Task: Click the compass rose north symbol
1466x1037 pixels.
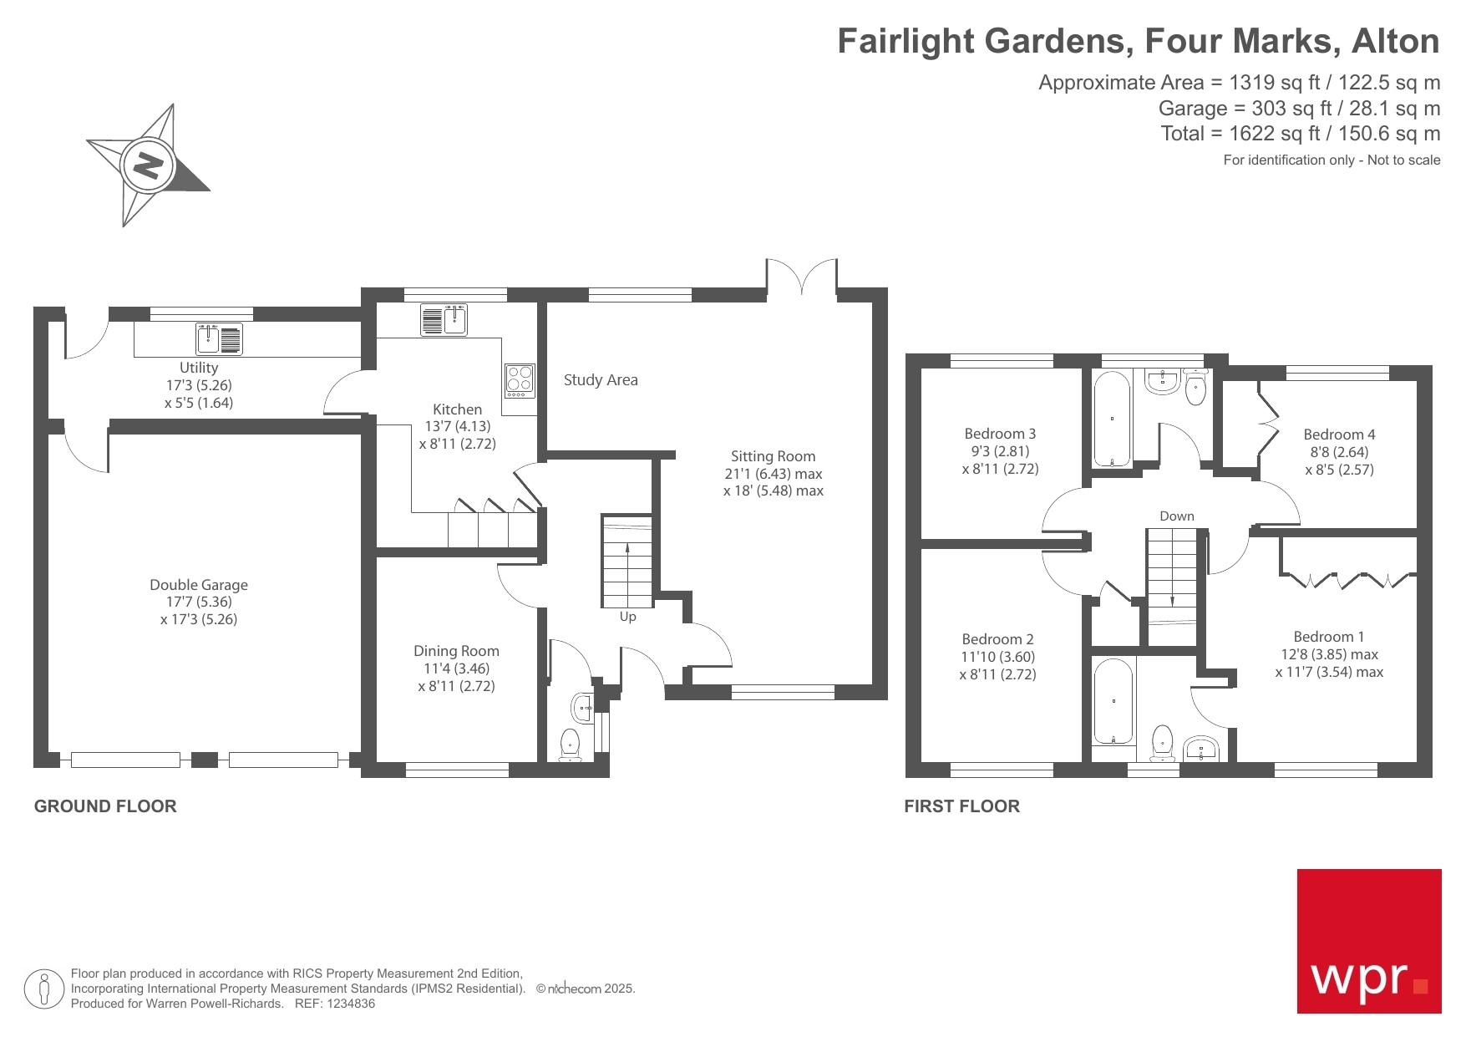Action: (148, 165)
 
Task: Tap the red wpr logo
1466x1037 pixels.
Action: (1368, 941)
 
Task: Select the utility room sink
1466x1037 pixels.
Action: (219, 339)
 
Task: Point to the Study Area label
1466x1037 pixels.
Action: (601, 380)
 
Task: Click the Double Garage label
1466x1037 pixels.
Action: (199, 585)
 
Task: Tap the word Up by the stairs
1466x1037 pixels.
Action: (627, 617)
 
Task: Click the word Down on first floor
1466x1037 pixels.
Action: (1176, 516)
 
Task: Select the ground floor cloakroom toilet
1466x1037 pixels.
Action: (570, 743)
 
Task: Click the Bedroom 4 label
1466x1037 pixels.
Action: (1339, 435)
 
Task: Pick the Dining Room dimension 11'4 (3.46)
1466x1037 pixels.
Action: (456, 668)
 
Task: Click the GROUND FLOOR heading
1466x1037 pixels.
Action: (105, 806)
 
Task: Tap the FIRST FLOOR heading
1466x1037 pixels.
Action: (961, 806)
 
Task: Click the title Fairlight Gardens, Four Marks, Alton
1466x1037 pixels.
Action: (1138, 41)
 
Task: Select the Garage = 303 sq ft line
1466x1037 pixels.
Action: (1298, 109)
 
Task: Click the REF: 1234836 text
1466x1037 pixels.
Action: (335, 1004)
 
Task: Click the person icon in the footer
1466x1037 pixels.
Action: (44, 989)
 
